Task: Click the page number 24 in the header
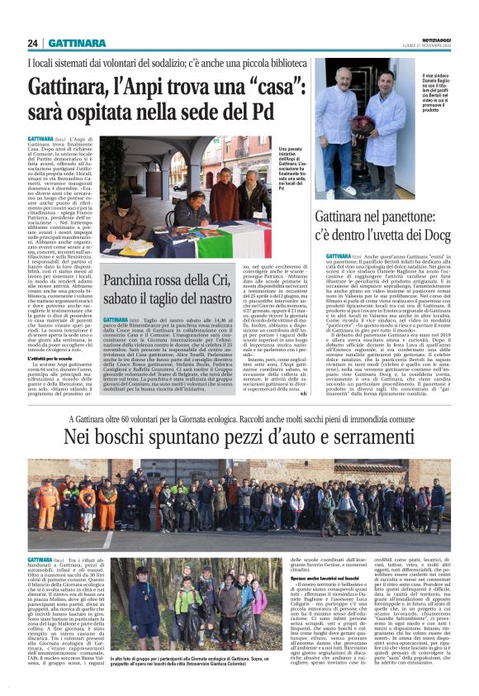click(x=34, y=43)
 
